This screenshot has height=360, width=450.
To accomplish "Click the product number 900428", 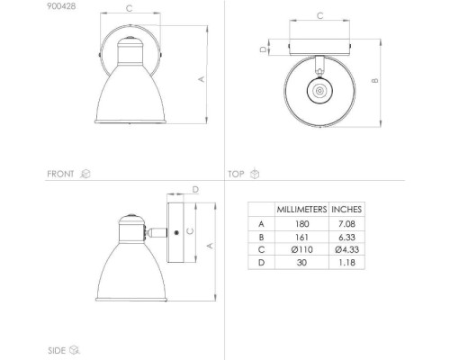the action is click(61, 6).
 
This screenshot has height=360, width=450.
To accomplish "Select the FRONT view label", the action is click(60, 174).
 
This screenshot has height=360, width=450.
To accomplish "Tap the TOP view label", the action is click(236, 174).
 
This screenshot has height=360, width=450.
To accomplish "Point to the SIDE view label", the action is click(57, 350).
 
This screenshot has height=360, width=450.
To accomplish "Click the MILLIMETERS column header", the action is click(301, 210).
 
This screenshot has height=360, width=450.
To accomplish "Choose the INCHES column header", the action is click(346, 210).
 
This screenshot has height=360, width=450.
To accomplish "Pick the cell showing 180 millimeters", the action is click(301, 224).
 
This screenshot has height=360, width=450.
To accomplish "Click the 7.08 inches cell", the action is click(346, 224).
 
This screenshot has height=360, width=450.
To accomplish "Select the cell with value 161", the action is click(301, 238).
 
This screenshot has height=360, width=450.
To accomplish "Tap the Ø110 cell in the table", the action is click(301, 249).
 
